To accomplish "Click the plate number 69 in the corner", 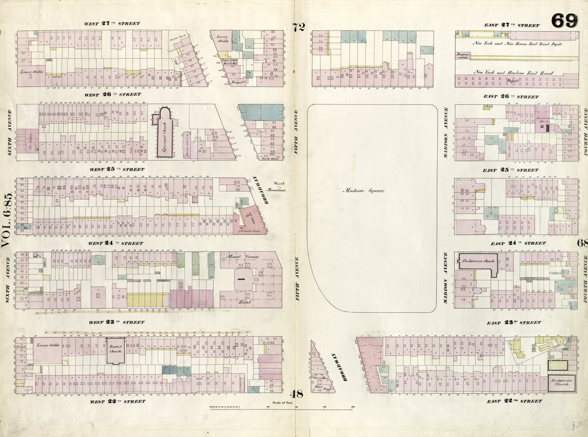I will (564, 21).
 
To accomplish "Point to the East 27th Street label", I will (512, 25).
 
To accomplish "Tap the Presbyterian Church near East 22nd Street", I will (562, 382).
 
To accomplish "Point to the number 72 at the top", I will (297, 26).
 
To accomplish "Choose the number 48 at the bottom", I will (296, 394).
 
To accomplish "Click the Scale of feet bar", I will (281, 408).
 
